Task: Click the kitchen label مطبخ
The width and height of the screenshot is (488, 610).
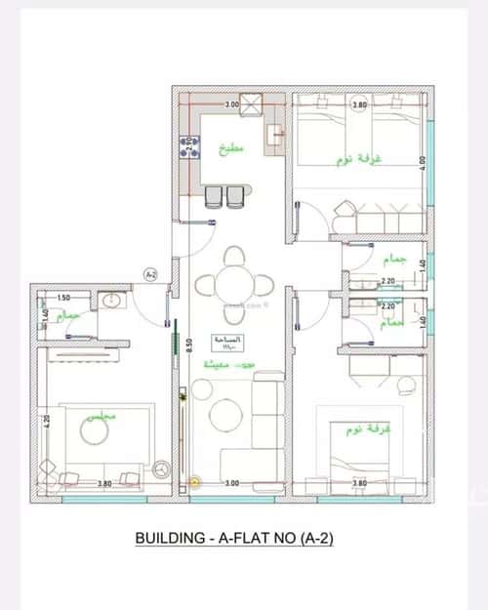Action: (x=231, y=149)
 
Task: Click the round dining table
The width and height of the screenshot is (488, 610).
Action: (x=233, y=284)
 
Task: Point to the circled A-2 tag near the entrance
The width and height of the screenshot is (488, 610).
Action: (x=150, y=275)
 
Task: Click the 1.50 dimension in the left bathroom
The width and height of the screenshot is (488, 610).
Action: (x=63, y=297)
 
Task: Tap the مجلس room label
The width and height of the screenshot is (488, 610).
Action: (x=102, y=415)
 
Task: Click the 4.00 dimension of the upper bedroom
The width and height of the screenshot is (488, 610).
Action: (x=422, y=162)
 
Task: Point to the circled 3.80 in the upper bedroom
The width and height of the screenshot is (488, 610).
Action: (x=359, y=104)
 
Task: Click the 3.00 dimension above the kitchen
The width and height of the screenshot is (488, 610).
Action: (x=231, y=104)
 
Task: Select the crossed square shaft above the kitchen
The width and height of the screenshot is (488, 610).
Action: (x=251, y=102)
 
